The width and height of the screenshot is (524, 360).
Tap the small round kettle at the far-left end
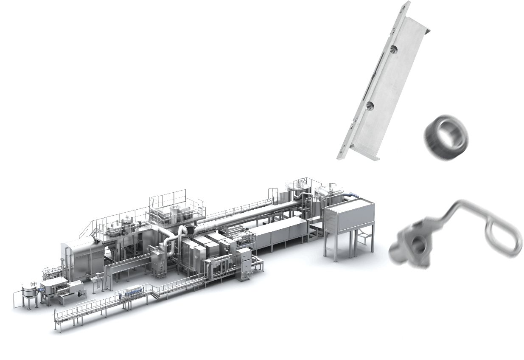[x=29, y=293]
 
